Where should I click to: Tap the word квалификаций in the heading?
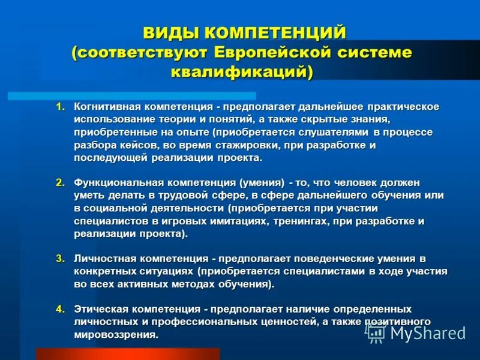point(240,72)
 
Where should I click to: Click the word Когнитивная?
point(107,107)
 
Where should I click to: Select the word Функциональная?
point(114,182)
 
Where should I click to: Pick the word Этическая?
point(100,309)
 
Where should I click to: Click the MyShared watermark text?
point(428,333)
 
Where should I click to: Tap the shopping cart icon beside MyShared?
point(376,334)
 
